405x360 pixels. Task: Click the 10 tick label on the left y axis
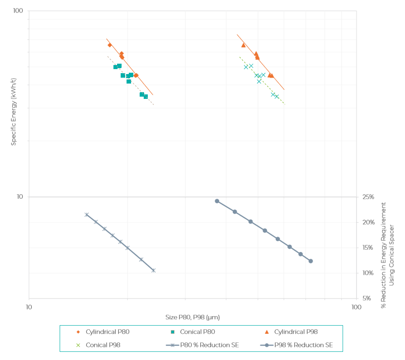coord(19,197)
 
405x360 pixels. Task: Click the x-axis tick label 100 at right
coord(356,308)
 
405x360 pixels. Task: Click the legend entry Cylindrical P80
coord(108,332)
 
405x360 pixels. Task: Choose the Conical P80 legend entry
coord(197,332)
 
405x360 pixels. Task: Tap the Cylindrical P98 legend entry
coord(296,332)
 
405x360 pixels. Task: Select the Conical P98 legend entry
coord(103,345)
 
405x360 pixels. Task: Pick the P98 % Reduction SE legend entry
coord(303,345)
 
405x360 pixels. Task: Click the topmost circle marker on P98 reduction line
coord(217,201)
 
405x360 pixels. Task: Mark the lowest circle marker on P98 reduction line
coord(311,261)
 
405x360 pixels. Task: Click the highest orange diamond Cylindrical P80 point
coord(110,45)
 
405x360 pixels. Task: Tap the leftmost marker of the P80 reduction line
coord(86,215)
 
